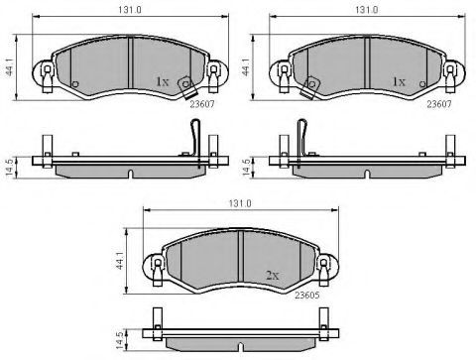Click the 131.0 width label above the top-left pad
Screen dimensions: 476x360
pos(130,10)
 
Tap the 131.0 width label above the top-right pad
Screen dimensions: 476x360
pos(367,10)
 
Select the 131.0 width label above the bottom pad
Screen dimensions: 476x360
pos(240,203)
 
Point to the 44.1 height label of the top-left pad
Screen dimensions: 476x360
pos(10,68)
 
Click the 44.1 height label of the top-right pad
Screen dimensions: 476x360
pos(247,68)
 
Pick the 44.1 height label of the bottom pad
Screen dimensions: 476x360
pos(120,261)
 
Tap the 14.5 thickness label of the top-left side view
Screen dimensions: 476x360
pos(10,168)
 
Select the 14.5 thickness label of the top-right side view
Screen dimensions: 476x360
pos(247,168)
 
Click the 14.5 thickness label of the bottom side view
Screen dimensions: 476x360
pos(120,340)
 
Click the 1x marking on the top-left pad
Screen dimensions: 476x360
pos(162,81)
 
